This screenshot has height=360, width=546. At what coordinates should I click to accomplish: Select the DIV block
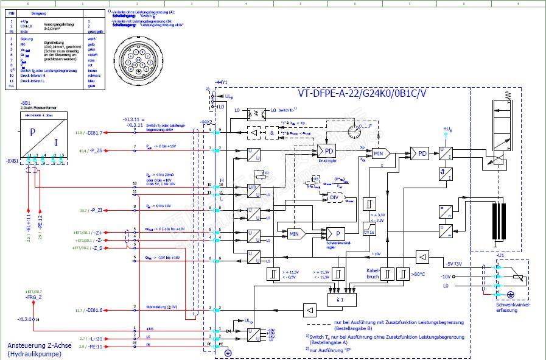coord(334,197)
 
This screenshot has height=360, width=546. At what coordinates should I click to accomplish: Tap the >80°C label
coord(418,274)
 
